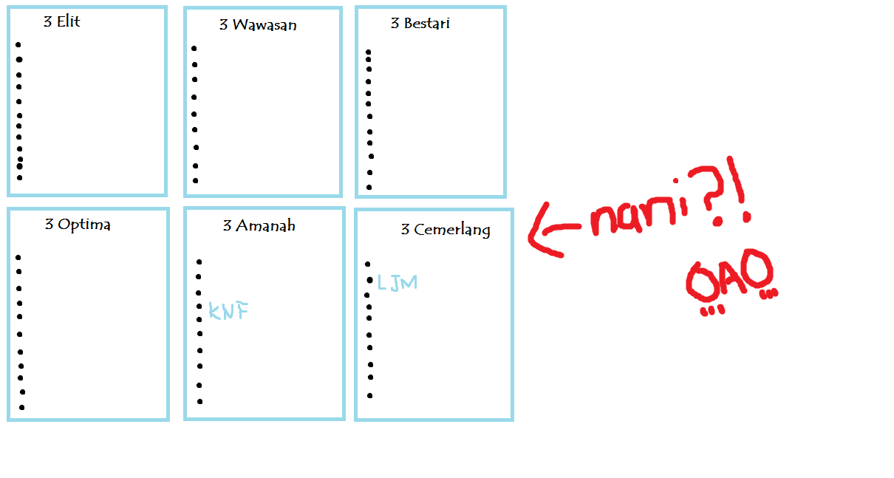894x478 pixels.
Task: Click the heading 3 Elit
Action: (x=62, y=22)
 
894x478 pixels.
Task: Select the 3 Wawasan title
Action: (x=258, y=25)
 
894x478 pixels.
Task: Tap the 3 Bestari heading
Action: (x=420, y=24)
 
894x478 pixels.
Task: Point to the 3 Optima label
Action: (x=78, y=225)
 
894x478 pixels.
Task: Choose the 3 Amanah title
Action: (x=259, y=226)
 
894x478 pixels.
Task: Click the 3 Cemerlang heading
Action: (x=445, y=230)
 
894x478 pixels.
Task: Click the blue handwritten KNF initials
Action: (x=228, y=311)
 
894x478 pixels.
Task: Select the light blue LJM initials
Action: (x=397, y=282)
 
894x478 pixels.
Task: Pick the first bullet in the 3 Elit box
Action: (x=18, y=45)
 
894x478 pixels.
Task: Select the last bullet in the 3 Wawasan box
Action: (x=196, y=180)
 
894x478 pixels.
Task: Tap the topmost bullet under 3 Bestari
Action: (x=369, y=52)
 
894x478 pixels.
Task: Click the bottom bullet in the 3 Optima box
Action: (x=22, y=407)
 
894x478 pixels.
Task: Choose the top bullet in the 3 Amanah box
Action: (x=199, y=262)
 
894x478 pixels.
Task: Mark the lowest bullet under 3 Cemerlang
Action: (x=369, y=395)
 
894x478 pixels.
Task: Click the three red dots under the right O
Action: (x=770, y=294)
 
